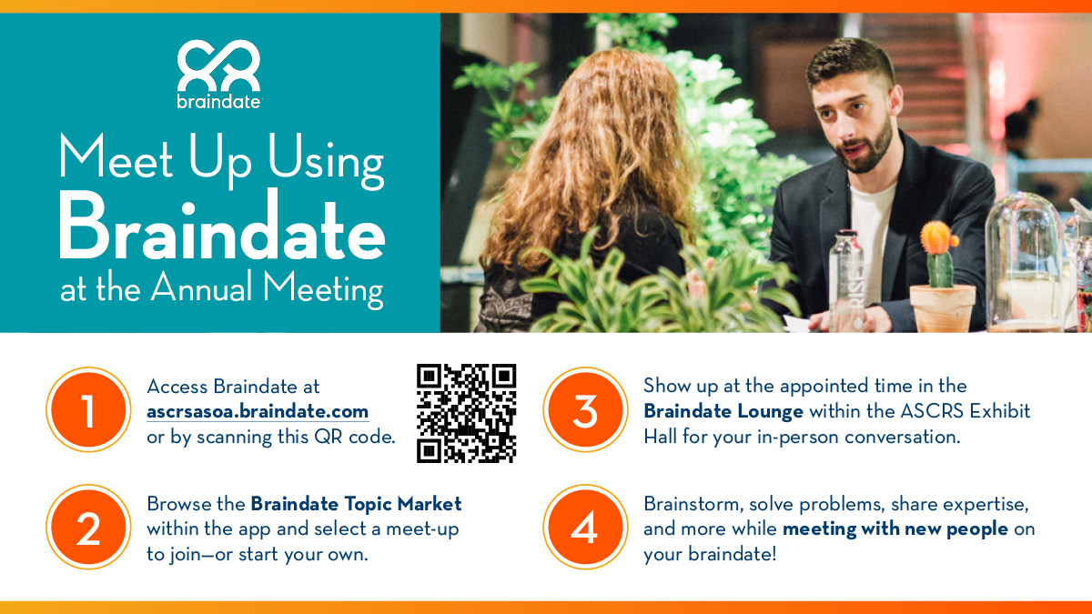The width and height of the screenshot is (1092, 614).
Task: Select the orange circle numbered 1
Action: (88, 410)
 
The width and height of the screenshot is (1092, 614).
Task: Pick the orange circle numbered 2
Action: (88, 528)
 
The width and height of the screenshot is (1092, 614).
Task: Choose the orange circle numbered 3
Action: (585, 410)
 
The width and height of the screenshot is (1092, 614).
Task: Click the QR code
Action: (467, 413)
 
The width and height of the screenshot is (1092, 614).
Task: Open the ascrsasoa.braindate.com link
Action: (258, 411)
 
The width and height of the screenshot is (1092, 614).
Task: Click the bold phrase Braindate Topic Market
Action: (356, 503)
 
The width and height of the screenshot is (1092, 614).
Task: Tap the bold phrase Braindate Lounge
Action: (723, 411)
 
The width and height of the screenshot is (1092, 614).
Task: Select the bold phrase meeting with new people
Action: (895, 528)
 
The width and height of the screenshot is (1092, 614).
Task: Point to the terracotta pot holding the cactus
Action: (943, 308)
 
